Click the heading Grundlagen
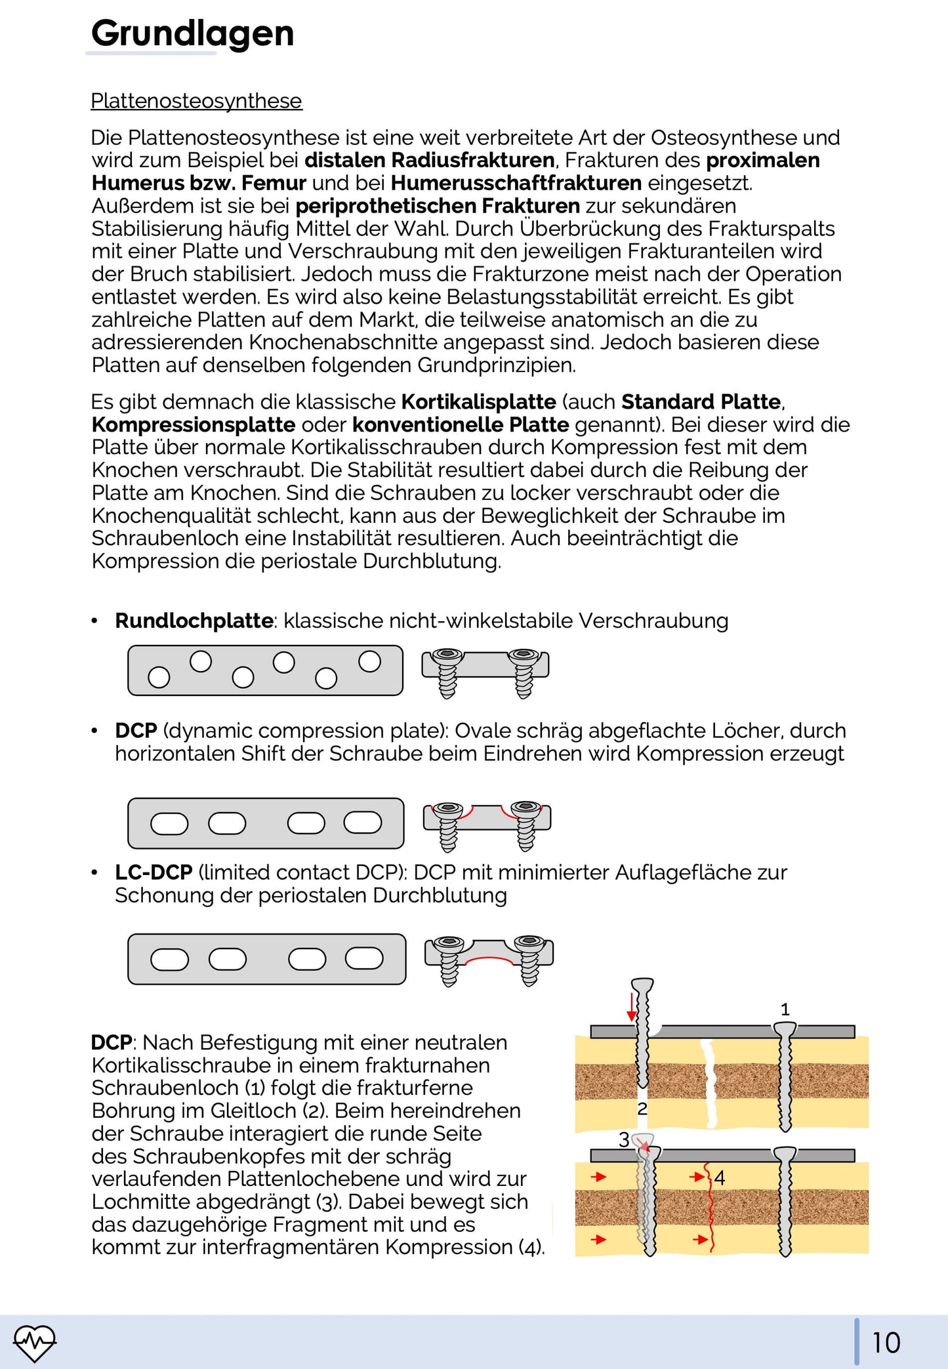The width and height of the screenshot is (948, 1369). pos(192,33)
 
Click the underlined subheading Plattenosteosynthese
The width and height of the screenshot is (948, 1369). pos(196,101)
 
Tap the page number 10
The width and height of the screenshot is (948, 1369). pos(886,1342)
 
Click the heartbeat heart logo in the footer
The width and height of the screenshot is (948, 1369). pos(35,1342)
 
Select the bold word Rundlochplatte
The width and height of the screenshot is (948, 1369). pos(194,621)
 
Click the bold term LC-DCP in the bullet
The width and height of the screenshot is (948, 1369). pos(154,872)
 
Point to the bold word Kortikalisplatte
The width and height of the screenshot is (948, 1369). pos(478,401)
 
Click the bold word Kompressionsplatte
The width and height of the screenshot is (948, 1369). pos(194,424)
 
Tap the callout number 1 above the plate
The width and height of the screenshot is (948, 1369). pos(785,1010)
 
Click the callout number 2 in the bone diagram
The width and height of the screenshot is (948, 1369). pos(642,1109)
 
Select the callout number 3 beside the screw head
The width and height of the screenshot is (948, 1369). pos(624,1139)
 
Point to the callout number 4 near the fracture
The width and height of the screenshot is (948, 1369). pos(720,1178)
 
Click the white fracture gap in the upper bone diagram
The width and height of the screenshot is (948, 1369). pos(709,1082)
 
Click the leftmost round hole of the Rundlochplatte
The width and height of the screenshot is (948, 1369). pos(159,677)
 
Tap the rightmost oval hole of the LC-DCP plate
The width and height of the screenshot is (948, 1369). pos(364,958)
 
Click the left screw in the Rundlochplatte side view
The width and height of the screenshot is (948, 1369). pos(447,672)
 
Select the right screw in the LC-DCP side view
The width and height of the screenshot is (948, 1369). pos(529,959)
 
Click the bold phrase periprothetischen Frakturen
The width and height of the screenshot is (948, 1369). pos(438,206)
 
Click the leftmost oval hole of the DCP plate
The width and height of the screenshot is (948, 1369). pos(169,823)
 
